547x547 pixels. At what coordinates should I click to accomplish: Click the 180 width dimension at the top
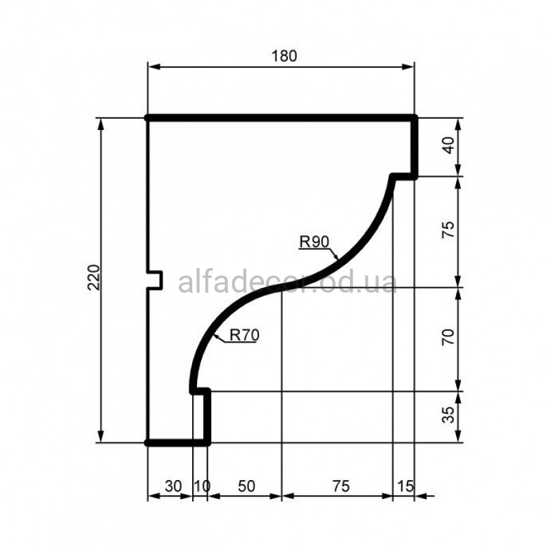284,56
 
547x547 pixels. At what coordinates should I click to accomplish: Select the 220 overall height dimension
94,278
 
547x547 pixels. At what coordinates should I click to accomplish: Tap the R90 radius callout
314,241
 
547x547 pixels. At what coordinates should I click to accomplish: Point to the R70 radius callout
245,335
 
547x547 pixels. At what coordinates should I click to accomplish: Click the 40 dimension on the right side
449,145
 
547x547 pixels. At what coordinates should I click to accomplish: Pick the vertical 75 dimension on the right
449,230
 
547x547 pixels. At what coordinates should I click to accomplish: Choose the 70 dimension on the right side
449,336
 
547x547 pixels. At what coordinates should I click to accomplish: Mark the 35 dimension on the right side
449,414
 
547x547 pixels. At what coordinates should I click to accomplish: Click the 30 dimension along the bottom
174,486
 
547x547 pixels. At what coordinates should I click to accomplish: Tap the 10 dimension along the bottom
202,486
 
